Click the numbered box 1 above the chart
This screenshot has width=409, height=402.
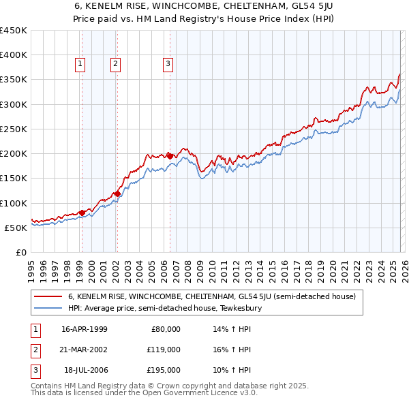(80, 65)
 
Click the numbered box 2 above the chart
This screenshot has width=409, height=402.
(115, 65)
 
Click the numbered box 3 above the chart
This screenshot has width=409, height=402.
(168, 65)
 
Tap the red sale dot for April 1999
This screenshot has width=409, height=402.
(82, 213)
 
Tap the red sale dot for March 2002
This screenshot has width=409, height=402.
(117, 194)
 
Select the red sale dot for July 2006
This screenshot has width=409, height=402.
(170, 156)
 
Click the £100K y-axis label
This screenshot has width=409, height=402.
(14, 203)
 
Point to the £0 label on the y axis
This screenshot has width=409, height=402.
(20, 252)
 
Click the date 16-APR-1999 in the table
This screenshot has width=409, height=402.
(84, 329)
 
